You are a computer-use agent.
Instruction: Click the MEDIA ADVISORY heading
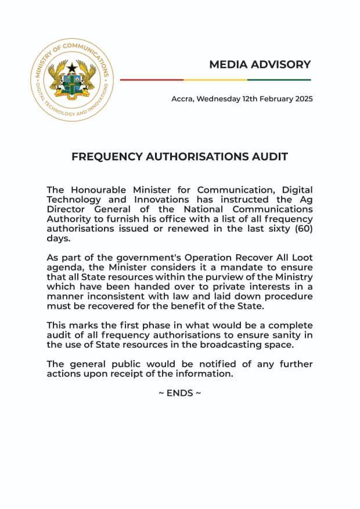[260, 64]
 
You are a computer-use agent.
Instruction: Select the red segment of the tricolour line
[152, 80]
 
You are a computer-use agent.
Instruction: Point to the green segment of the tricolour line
[279, 80]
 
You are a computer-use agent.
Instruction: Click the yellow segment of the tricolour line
[215, 80]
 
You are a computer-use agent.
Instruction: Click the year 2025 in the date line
[302, 99]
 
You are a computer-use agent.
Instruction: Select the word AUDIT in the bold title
[268, 157]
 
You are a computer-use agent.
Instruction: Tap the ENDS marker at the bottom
[179, 393]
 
